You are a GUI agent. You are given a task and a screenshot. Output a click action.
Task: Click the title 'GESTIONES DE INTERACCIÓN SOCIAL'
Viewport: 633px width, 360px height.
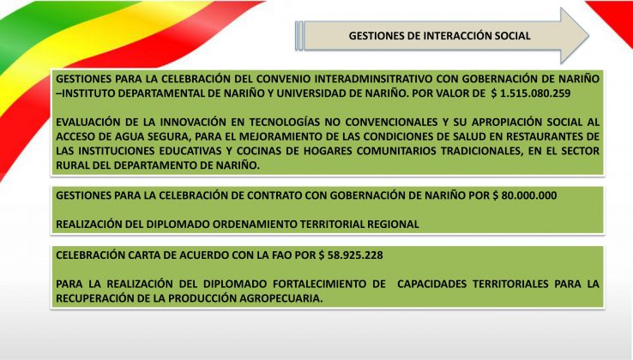(x=440, y=36)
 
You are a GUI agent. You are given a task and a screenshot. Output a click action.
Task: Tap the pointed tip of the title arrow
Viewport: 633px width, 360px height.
(x=588, y=35)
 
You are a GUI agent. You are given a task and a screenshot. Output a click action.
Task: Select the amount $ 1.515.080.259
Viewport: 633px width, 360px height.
(x=531, y=93)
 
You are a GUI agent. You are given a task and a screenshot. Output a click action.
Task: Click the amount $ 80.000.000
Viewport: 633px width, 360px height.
(x=525, y=195)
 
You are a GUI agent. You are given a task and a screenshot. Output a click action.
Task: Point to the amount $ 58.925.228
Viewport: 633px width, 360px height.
(x=351, y=255)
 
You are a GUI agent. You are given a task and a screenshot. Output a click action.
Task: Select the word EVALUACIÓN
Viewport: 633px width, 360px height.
(x=87, y=122)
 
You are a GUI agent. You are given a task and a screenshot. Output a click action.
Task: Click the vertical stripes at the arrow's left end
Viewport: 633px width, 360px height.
(x=298, y=36)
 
